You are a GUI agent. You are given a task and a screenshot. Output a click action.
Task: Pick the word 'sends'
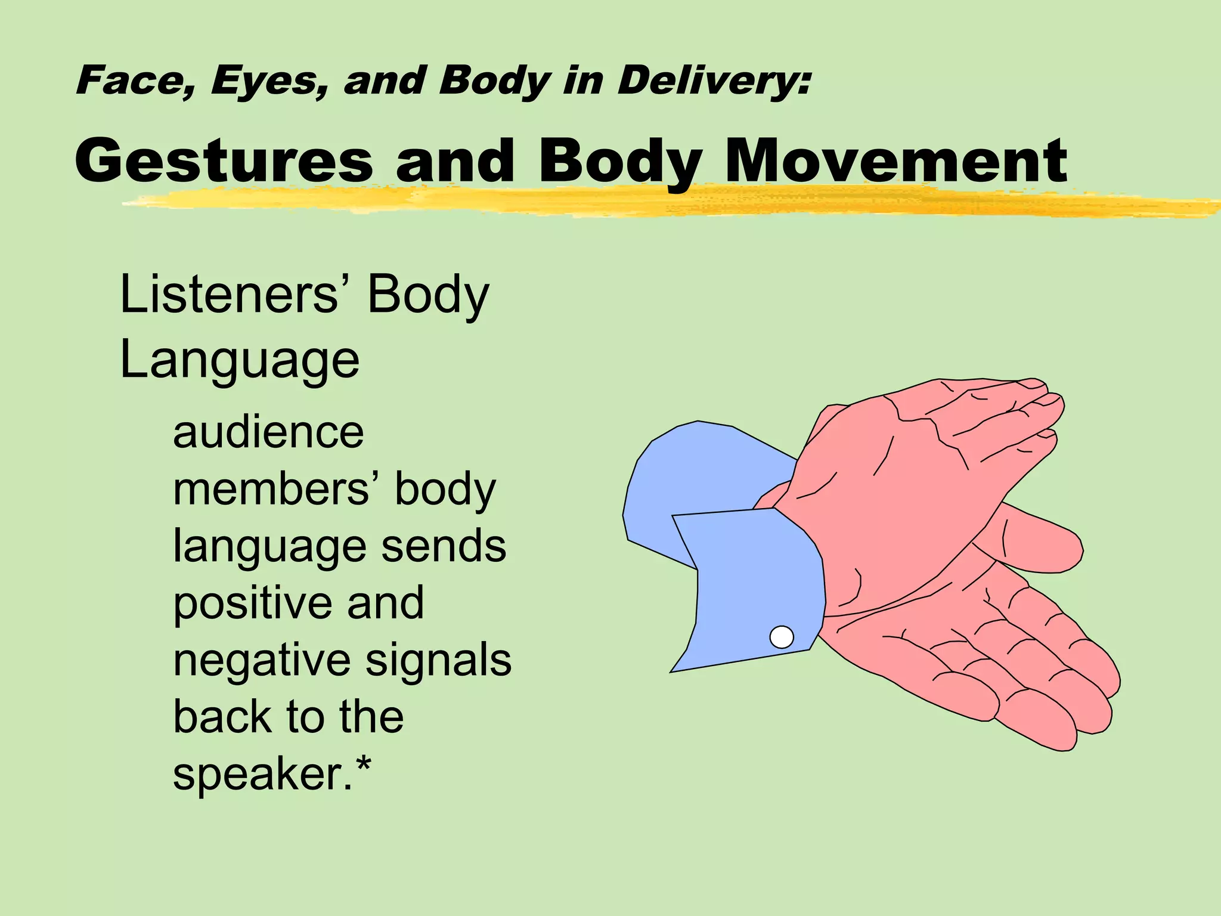pos(444,546)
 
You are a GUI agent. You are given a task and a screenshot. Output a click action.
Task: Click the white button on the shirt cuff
pos(781,637)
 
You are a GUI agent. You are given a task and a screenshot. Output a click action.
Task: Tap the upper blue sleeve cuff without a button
pos(692,471)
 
